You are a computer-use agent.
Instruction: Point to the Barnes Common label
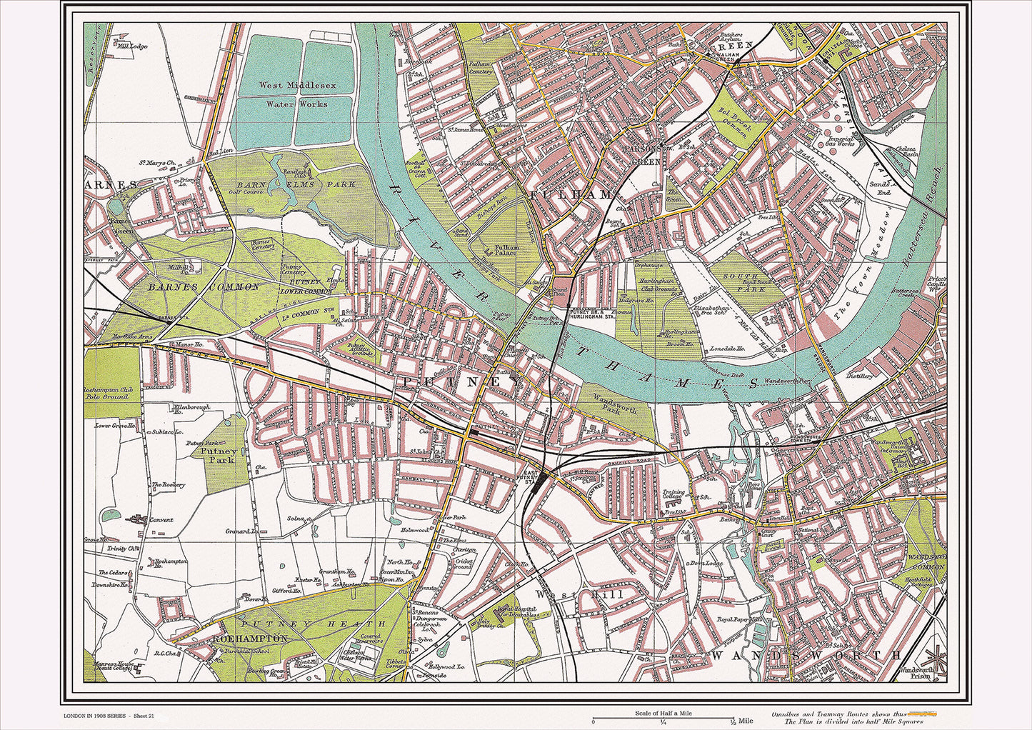[204, 287]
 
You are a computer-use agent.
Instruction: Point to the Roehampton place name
[248, 639]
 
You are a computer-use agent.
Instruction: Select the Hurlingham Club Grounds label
[654, 285]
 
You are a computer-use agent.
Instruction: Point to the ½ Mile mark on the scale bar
[731, 721]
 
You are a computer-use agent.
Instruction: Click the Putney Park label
[218, 456]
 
